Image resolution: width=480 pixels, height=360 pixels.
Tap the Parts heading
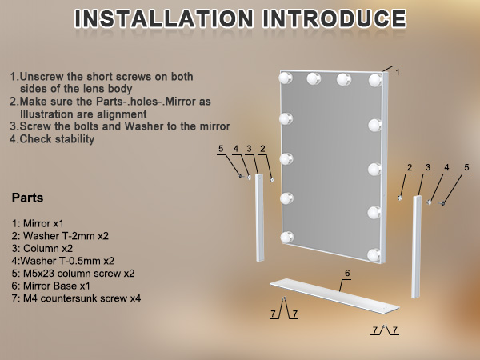(28, 198)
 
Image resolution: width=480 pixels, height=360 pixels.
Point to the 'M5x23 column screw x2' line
(73, 273)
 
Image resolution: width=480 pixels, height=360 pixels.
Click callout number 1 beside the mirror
(398, 71)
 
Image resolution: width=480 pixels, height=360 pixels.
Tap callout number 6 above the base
(346, 273)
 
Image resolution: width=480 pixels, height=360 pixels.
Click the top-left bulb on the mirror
(285, 78)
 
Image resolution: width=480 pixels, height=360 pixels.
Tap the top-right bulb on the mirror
(374, 80)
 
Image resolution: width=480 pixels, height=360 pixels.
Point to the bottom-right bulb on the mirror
(374, 254)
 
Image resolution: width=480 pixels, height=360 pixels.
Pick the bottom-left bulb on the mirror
(285, 236)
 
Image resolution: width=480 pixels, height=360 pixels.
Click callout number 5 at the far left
(221, 149)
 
